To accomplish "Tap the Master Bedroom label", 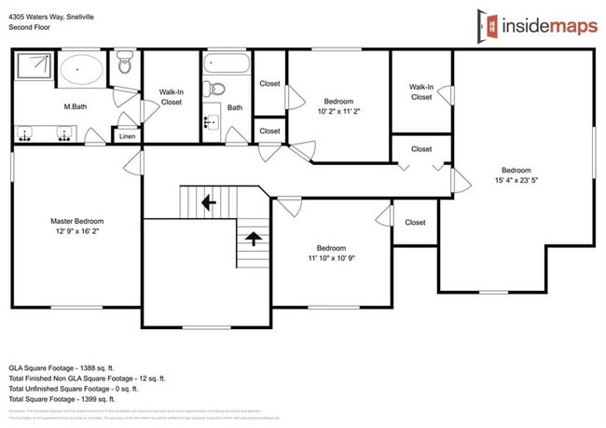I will point(76,221).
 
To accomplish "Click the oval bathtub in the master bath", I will point(83,70).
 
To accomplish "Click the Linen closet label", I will point(126,137).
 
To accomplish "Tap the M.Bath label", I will point(76,107).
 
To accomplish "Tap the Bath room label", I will point(234,108).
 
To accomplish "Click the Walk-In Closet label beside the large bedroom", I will point(421,91).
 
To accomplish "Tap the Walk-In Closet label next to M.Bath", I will point(171,97).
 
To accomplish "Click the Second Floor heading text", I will point(30,28).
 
